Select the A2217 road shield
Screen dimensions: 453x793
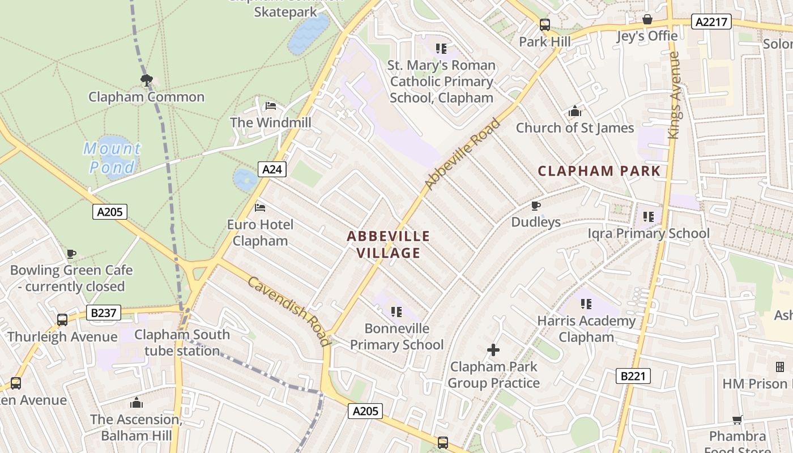[711, 22]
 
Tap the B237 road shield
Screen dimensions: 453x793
[102, 312]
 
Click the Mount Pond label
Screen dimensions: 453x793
[112, 158]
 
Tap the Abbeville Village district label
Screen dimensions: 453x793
[389, 244]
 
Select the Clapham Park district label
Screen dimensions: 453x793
[599, 171]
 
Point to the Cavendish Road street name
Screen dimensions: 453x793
[289, 311]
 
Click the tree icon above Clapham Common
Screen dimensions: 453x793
[146, 80]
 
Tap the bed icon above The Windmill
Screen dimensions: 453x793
[271, 106]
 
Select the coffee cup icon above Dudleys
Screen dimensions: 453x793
[536, 206]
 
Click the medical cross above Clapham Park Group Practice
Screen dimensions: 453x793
[493, 350]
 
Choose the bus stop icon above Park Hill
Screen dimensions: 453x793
[544, 25]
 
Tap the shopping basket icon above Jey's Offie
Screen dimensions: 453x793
[647, 20]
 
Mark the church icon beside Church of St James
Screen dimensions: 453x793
[575, 111]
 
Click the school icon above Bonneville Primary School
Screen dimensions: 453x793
[396, 311]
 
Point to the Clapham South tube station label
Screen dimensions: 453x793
[182, 343]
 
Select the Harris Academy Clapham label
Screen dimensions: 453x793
[586, 329]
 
